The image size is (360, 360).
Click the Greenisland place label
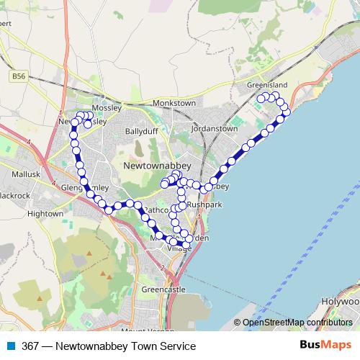[267, 85]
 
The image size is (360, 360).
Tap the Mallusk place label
[27, 174]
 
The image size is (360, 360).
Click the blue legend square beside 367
[11, 346]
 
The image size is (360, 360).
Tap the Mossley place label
[107, 107]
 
